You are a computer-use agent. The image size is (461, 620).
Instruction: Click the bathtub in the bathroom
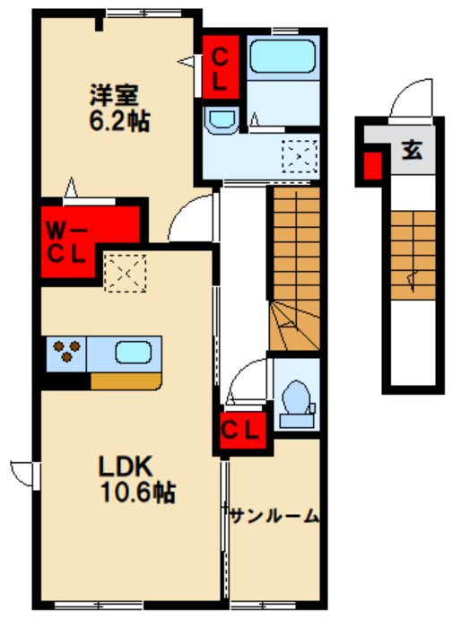coord(283,57)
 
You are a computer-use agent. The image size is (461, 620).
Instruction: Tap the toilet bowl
coord(297,398)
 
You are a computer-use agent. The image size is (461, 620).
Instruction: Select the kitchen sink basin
coord(134,353)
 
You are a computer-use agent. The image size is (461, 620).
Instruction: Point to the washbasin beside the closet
coord(221,119)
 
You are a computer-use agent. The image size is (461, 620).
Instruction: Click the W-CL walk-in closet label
coord(66,243)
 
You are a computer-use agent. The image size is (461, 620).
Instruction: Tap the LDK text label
coord(125,467)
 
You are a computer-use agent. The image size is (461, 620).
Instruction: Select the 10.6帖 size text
coord(138,493)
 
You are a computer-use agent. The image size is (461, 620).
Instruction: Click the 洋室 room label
coord(114,95)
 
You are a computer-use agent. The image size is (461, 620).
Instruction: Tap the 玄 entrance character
coord(412,150)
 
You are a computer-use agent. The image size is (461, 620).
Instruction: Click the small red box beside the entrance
coord(372,166)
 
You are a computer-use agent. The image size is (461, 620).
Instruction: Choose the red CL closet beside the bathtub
coord(221,67)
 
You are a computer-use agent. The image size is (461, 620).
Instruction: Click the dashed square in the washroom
coord(300,157)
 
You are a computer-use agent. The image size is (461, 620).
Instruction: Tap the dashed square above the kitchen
coord(125,274)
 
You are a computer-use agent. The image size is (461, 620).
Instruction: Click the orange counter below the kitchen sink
coord(126,381)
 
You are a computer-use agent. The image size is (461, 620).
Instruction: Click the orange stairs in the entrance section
coord(413,255)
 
